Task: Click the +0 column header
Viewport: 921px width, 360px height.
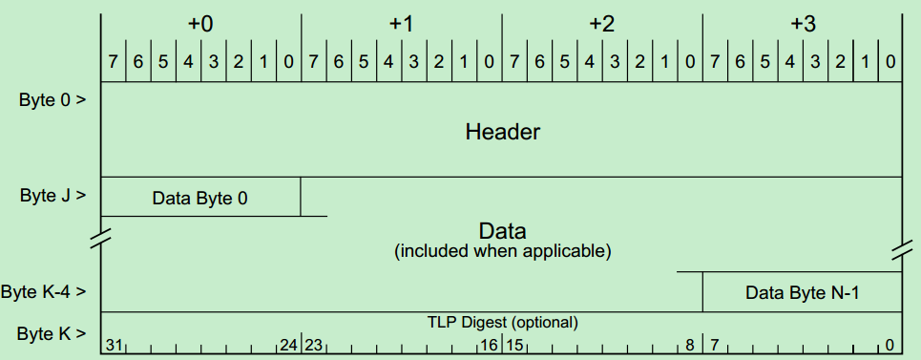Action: pos(200,24)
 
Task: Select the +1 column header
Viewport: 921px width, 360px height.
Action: pos(401,24)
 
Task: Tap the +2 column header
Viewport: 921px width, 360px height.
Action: pos(601,24)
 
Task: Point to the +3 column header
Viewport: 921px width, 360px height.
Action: pos(803,24)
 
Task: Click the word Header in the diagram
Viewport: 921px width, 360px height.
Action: pos(502,131)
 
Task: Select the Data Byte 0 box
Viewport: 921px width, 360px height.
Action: pos(200,198)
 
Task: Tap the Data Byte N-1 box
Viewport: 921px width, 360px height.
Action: pos(803,293)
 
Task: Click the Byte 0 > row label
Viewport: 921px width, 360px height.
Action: pos(52,99)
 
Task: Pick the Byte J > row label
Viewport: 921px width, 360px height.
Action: pos(52,196)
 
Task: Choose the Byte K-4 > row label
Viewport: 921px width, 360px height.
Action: pos(46,291)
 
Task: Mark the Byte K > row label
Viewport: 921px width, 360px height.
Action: pos(52,333)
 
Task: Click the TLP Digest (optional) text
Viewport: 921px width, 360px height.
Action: pos(502,322)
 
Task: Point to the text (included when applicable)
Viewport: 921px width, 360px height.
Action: pos(502,252)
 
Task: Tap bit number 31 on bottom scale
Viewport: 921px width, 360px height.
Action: pos(115,344)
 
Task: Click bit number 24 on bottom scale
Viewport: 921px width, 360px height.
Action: pos(288,344)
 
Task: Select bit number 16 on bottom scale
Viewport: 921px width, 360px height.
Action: pos(489,344)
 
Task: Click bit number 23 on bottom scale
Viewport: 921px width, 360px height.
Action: pos(314,344)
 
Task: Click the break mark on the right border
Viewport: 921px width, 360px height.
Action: pos(902,250)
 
